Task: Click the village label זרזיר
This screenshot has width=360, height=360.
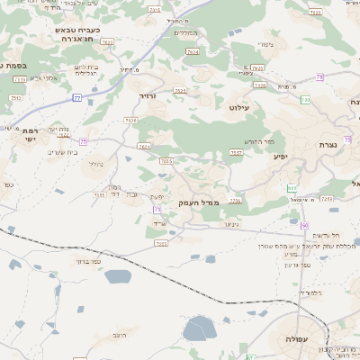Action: click(148, 94)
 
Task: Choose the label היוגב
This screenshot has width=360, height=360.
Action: click(119, 335)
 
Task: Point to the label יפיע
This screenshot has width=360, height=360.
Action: click(281, 156)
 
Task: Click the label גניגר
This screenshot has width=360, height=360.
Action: click(230, 224)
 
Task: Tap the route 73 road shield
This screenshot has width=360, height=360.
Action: click(157, 210)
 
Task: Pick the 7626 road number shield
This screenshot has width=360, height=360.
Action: click(257, 67)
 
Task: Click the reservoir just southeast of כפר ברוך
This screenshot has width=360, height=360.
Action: click(118, 275)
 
